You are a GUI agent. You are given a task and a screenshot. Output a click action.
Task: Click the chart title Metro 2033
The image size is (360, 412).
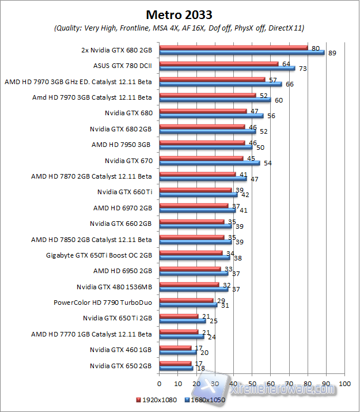tap(179, 14)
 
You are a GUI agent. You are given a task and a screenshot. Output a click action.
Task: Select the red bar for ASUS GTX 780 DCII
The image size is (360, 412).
tap(218, 64)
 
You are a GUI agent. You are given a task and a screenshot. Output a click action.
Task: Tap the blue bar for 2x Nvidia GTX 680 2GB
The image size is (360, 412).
tap(242, 52)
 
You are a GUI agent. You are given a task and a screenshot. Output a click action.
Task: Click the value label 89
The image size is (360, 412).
tap(332, 53)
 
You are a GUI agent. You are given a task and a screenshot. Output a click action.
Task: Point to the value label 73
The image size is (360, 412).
tap(302, 69)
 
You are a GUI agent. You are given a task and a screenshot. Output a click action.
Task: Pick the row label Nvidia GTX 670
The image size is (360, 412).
tap(128, 160)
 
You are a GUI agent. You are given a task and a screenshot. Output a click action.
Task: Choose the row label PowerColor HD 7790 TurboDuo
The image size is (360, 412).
tap(103, 301)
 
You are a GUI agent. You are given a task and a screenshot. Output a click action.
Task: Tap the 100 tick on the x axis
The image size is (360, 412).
tap(344, 383)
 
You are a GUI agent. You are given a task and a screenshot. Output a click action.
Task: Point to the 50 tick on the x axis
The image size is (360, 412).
tap(252, 383)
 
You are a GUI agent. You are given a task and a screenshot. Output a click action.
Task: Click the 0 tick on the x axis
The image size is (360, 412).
tap(159, 383)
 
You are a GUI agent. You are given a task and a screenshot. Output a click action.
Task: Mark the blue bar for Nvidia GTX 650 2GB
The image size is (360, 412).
tap(176, 368)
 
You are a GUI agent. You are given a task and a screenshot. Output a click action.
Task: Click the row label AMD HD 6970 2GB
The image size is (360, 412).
tap(122, 207)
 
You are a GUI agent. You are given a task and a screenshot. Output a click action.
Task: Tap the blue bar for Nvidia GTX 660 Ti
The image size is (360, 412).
tap(198, 194)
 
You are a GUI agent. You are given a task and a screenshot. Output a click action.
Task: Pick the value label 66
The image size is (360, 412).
tap(289, 84)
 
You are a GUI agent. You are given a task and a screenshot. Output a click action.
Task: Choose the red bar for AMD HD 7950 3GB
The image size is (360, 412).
tap(202, 142)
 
